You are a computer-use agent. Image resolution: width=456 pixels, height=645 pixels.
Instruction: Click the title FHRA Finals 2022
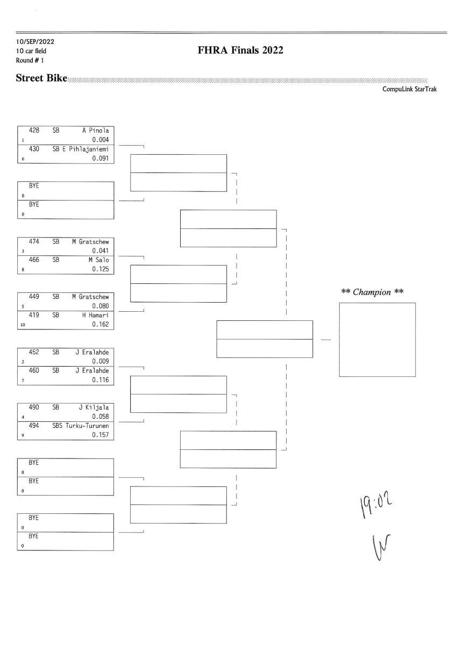(240, 50)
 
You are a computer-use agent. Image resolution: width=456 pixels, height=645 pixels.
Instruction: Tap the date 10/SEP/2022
(35, 42)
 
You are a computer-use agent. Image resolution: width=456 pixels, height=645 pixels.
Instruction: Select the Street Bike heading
(41, 78)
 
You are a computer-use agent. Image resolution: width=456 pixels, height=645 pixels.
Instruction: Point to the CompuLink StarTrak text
(409, 89)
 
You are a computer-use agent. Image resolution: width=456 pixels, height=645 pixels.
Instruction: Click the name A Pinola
(96, 131)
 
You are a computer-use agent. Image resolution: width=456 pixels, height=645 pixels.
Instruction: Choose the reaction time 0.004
(101, 140)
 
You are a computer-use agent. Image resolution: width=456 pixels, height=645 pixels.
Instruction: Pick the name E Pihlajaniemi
(85, 149)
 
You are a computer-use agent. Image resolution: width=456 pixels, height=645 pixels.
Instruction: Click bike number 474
(34, 241)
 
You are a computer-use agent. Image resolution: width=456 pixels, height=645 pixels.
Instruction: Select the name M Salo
(99, 260)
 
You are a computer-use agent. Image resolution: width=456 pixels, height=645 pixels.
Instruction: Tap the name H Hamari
(96, 315)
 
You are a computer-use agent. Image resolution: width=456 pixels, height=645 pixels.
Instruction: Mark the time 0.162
(101, 324)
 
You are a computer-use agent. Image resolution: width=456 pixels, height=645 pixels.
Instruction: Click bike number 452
(34, 352)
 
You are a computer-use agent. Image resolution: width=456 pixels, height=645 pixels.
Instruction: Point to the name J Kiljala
(94, 407)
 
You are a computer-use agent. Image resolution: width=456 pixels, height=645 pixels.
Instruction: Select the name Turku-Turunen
(87, 426)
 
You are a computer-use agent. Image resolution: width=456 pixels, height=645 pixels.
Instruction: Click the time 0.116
(101, 380)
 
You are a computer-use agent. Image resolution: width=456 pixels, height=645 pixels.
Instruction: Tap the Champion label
(372, 292)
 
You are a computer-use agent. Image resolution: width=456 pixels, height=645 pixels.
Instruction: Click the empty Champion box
(377, 340)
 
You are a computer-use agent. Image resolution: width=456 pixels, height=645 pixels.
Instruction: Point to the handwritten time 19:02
(376, 504)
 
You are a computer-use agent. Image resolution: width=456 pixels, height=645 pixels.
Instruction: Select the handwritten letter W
(381, 547)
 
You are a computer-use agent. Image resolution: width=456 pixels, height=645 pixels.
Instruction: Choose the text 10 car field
(31, 51)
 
